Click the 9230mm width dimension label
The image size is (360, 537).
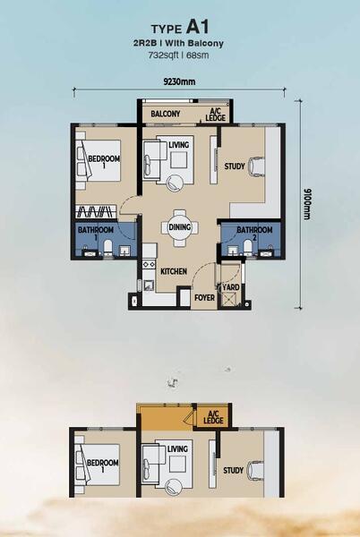click(x=179, y=81)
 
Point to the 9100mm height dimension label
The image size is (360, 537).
click(x=306, y=204)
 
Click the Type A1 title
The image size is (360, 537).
click(x=180, y=28)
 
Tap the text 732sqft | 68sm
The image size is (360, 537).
click(x=178, y=55)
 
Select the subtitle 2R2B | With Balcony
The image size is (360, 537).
click(x=178, y=44)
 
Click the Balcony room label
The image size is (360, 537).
click(x=166, y=114)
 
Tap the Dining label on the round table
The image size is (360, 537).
click(x=179, y=227)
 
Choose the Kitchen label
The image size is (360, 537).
click(x=174, y=271)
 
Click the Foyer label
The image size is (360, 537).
click(x=204, y=298)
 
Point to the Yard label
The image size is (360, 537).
click(x=231, y=287)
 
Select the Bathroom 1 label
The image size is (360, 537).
click(x=96, y=233)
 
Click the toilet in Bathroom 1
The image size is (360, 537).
click(x=107, y=248)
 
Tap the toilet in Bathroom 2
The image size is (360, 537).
click(x=248, y=248)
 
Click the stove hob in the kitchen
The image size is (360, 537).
click(x=149, y=264)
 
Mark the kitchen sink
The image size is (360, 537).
click(x=149, y=286)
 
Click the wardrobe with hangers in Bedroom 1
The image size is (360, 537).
click(x=96, y=211)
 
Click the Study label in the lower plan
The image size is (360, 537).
click(x=233, y=470)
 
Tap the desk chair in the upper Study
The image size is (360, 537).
click(x=257, y=166)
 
